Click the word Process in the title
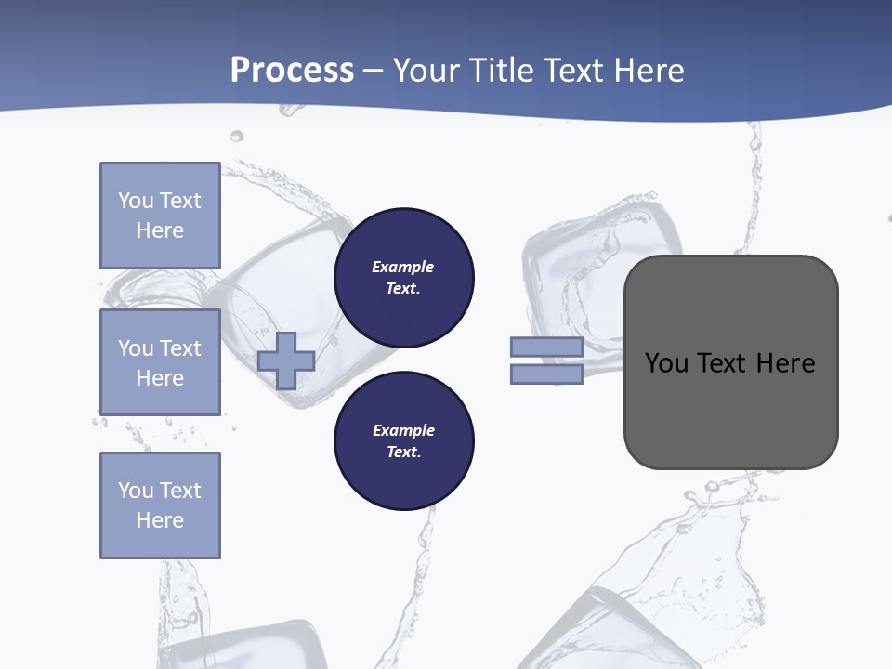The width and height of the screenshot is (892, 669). click(292, 71)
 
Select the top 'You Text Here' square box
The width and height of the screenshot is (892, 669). click(160, 216)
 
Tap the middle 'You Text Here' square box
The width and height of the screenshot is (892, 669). click(160, 362)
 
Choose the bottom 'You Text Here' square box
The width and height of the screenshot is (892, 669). click(160, 505)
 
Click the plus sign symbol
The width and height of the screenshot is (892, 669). click(286, 360)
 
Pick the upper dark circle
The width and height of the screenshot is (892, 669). click(403, 277)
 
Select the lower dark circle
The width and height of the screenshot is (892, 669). click(403, 440)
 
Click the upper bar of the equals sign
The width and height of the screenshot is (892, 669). click(546, 348)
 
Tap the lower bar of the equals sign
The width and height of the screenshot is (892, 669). click(546, 374)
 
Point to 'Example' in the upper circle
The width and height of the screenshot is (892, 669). click(403, 267)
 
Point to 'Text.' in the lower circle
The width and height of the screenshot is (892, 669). click(403, 453)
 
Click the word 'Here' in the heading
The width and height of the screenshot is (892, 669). click(649, 71)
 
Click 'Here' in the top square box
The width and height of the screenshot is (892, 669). click(160, 230)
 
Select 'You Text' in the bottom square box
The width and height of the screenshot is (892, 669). click(160, 491)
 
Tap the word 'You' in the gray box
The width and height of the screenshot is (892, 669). click(666, 363)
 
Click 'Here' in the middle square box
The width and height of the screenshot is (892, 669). click(160, 378)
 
